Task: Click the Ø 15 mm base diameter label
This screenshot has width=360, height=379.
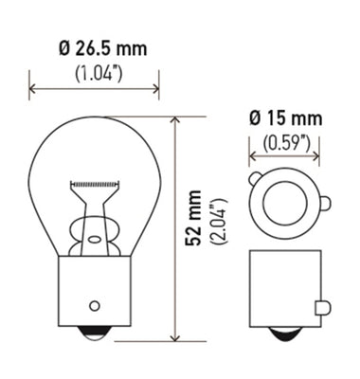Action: coord(285,118)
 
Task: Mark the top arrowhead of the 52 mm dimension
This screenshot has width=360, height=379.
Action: coord(175,121)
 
